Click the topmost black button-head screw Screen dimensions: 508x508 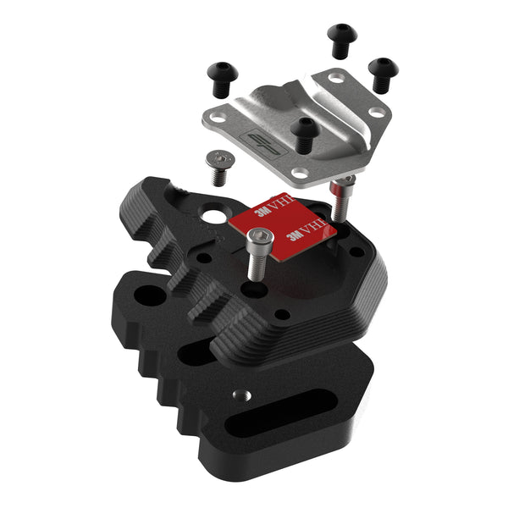340,38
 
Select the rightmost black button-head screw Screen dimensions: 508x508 382,72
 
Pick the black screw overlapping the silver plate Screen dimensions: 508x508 304,131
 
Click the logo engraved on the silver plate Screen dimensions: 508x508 254,144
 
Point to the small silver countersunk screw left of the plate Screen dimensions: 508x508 219,165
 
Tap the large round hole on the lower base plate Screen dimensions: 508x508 152,295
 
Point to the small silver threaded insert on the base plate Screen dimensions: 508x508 240,395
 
